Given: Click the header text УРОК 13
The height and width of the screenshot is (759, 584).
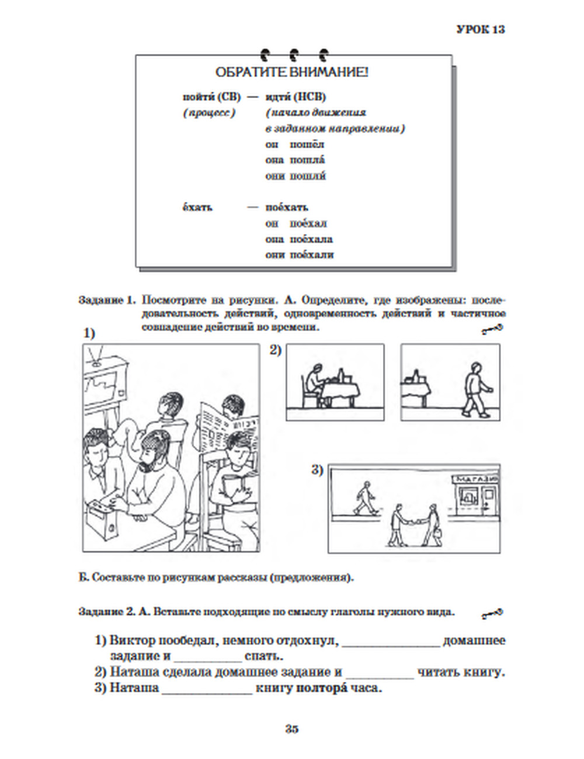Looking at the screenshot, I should (x=480, y=29).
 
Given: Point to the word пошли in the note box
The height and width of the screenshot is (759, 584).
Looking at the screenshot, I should (x=308, y=176).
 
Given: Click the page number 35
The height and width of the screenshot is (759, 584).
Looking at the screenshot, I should (x=292, y=729).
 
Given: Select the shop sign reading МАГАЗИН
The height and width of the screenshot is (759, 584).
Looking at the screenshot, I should (x=476, y=479).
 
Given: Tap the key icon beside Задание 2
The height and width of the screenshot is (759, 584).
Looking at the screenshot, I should (x=492, y=613).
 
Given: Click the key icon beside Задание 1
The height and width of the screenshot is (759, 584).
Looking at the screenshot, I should (x=492, y=331).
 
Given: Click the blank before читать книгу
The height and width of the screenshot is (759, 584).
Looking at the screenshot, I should (x=379, y=673).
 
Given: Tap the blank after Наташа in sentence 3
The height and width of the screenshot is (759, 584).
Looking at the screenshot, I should (x=207, y=689).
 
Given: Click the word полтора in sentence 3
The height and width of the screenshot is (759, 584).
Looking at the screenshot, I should (x=322, y=688).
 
